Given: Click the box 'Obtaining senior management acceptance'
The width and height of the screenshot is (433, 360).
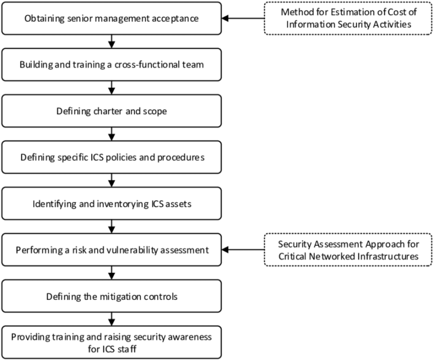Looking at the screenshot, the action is pos(111,18).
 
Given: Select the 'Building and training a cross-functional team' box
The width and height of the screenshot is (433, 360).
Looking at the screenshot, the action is pos(111,65).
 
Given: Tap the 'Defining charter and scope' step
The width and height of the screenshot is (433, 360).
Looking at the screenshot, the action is pos(111,111).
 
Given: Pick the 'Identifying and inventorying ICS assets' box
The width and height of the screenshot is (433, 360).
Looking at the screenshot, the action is pos(111,204).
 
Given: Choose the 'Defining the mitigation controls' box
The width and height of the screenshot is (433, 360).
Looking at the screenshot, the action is pos(111,296).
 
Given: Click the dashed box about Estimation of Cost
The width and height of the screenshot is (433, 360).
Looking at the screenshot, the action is pos(348,18).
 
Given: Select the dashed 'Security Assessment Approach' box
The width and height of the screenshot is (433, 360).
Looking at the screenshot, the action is pos(348,250).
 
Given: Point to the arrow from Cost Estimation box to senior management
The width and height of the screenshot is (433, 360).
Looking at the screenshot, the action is pos(243,18).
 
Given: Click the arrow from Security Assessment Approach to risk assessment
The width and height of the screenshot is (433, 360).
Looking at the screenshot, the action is pos(243,250).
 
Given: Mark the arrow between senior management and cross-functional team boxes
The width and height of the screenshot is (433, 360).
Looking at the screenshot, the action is pos(111,42).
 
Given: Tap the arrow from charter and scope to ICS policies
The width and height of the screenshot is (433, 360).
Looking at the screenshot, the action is pos(111,134).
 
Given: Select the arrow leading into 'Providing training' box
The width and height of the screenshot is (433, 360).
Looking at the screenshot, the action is pos(111,319).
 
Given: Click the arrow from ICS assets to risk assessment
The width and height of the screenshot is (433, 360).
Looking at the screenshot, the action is pos(111,227).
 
